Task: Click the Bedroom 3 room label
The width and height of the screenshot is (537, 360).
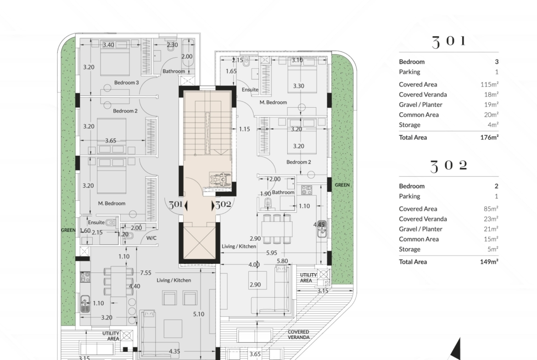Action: coord(126,83)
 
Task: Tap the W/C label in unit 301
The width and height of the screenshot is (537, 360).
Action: coord(151,238)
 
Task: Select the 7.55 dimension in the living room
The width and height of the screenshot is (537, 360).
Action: coord(145,273)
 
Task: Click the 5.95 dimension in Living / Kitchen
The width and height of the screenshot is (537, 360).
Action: coord(272,253)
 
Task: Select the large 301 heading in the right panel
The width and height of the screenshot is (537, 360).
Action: coord(448,42)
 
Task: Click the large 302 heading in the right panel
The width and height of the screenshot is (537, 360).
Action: coord(448,166)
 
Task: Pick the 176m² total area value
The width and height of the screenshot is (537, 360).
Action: coord(489,137)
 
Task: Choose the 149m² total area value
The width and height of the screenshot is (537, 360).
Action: coord(489,262)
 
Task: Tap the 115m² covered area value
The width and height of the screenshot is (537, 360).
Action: coord(489,84)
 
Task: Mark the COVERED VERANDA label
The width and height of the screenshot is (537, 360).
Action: coord(298,334)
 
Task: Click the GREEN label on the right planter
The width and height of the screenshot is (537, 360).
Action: coord(342,185)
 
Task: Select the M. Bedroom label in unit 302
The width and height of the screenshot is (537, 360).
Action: coord(273,102)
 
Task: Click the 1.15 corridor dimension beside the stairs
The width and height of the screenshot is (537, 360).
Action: coord(244,129)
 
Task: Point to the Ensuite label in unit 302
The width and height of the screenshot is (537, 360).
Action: coord(250,90)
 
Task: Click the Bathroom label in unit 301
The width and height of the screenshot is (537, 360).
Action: coord(173,71)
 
